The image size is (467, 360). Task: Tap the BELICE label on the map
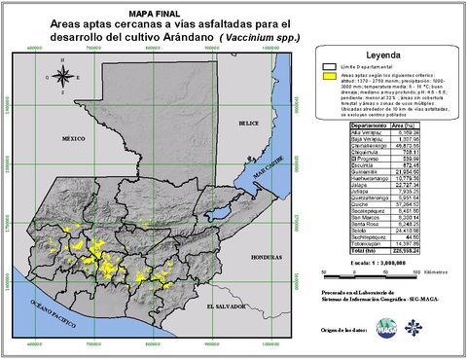tap(250, 124)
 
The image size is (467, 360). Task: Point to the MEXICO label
tap(75, 139)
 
